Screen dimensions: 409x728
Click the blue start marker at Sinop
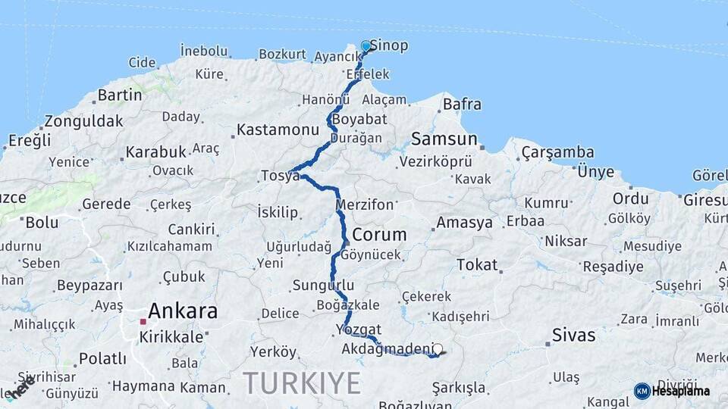point(366,46)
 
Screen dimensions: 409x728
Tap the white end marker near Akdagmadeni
point(438,350)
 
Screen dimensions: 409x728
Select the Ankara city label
point(183,311)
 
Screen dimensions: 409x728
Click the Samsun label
point(444,139)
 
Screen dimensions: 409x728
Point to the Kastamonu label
point(278,130)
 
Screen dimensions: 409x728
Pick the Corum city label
point(379,234)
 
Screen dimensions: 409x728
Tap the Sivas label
point(573,335)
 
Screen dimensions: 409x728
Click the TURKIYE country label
point(302,383)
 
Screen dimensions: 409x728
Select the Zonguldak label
point(83,120)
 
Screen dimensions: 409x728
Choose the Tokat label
point(477,264)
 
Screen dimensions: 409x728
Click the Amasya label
point(464,223)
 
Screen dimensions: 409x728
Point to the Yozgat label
point(358,329)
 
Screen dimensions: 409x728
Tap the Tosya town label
point(280,176)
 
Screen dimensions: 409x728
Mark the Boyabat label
point(359,119)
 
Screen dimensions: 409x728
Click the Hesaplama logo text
point(681,391)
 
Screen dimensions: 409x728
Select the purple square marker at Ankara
point(143,321)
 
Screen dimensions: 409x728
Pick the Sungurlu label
point(323,286)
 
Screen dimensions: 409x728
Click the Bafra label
point(461,104)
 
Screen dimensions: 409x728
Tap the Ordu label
point(631,198)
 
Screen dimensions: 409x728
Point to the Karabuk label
point(155,151)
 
